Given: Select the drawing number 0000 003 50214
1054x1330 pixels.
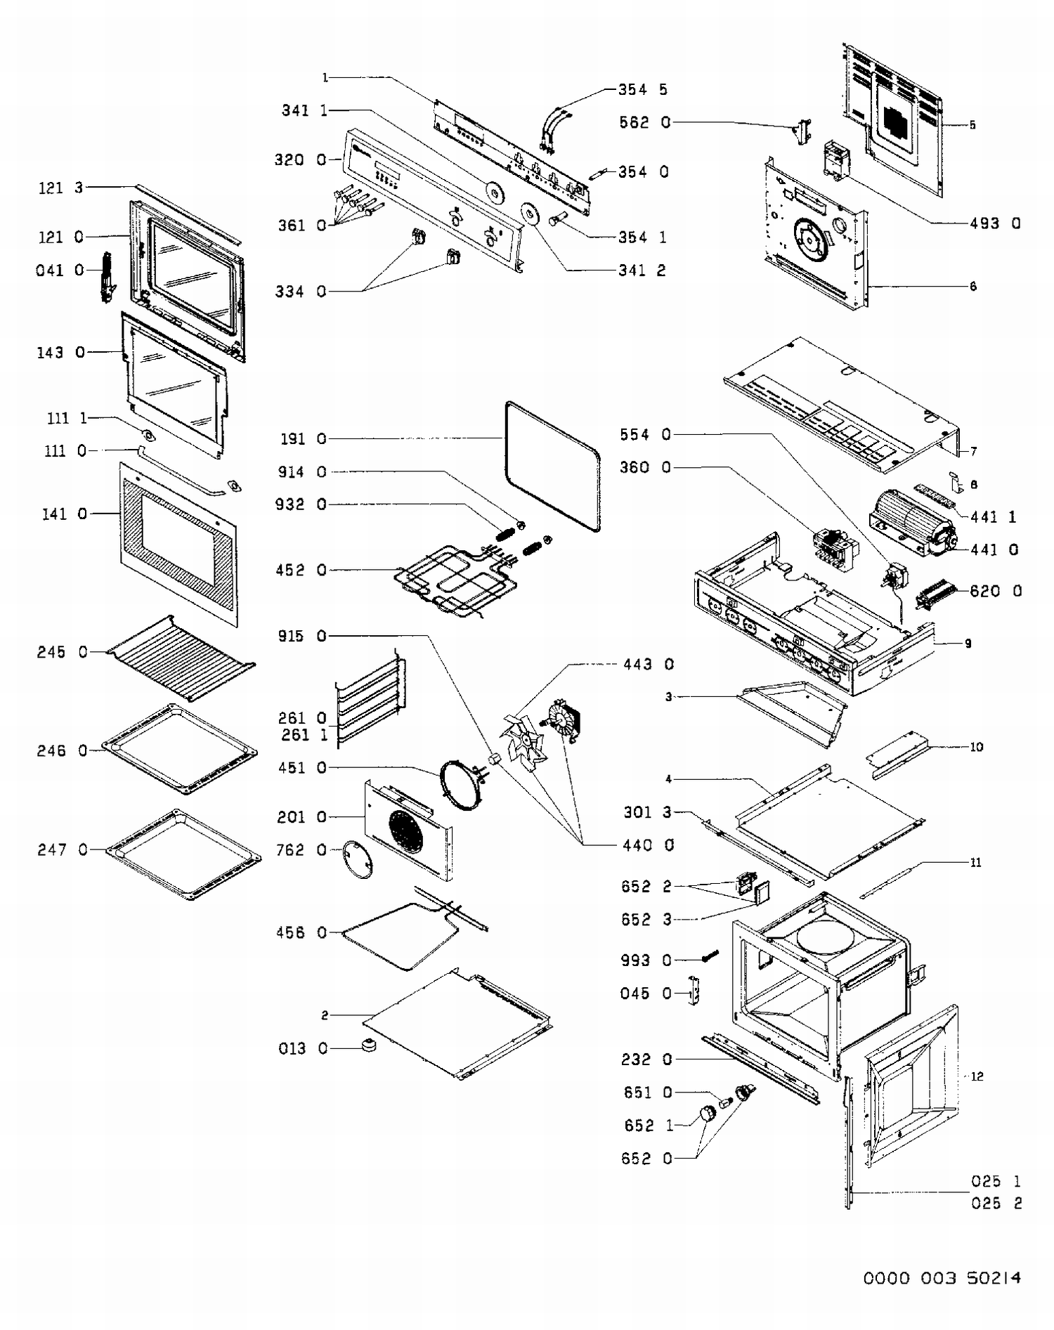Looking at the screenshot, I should (942, 1278).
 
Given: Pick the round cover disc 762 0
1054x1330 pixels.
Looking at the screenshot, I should (357, 859).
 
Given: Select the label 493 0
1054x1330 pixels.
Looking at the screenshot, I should (994, 223).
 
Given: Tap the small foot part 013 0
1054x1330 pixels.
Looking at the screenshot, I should (368, 1045).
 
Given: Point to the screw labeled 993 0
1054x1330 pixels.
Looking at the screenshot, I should (710, 956).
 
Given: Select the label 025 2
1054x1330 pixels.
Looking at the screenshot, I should (996, 1204).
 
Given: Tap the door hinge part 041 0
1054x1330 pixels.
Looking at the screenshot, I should (108, 277).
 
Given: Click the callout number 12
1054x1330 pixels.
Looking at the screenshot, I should (977, 1076).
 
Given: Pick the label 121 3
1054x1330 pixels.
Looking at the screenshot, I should (60, 188).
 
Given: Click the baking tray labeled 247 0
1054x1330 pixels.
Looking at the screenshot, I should (184, 854).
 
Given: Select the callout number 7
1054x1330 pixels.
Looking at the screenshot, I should (973, 452).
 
